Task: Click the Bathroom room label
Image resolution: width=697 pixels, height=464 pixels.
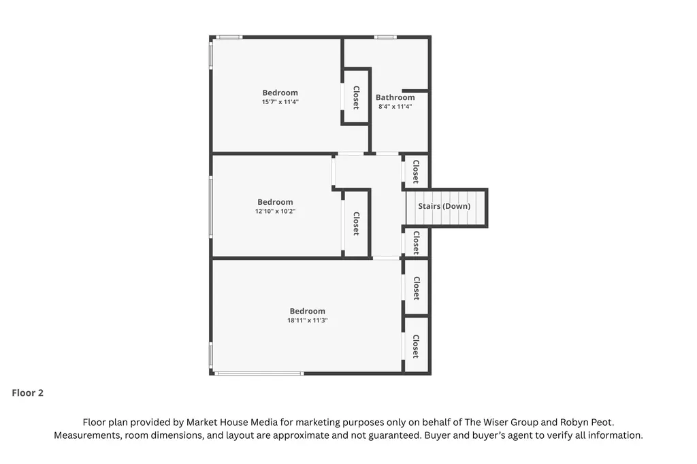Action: (395, 97)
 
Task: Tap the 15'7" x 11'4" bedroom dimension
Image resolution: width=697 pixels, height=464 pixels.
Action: (280, 102)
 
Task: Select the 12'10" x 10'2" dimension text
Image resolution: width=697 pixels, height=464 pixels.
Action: (275, 211)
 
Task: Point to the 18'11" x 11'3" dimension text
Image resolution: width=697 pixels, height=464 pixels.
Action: (307, 320)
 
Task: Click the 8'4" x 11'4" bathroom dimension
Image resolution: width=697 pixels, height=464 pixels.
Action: (395, 107)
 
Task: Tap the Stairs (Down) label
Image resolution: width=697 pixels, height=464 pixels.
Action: (444, 206)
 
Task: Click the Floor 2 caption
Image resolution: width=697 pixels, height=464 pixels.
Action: (27, 393)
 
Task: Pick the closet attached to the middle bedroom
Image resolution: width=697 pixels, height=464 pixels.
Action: (357, 224)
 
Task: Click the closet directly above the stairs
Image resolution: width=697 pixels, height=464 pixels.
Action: (416, 171)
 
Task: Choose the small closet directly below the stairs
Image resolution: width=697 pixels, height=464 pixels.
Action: (416, 243)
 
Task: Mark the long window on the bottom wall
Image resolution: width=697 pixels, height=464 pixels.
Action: (259, 374)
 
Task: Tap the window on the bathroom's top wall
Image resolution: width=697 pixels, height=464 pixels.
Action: (385, 37)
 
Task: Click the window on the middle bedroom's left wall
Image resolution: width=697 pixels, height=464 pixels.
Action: (211, 206)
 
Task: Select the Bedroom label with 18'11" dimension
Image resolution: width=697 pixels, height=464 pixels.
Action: (307, 311)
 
